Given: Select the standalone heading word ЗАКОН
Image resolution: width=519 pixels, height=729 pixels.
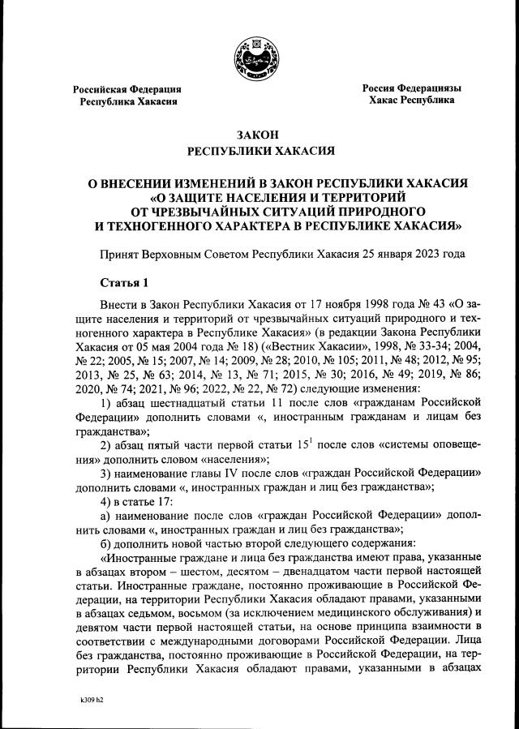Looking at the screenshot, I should [x=259, y=135].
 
